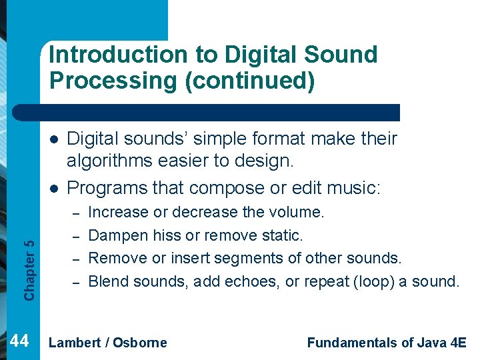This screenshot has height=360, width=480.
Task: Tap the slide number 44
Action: click(x=20, y=341)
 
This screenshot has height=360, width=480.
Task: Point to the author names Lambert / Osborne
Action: click(x=108, y=343)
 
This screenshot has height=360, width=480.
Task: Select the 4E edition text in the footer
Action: click(x=458, y=343)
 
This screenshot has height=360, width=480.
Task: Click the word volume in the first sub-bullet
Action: click(x=296, y=213)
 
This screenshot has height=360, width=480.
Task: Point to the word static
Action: click(x=283, y=235)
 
